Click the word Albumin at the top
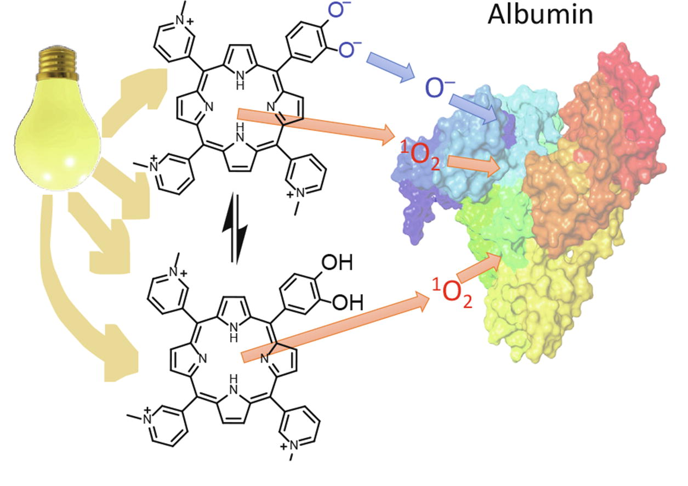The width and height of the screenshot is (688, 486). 540,15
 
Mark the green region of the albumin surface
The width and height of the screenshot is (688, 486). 485,230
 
